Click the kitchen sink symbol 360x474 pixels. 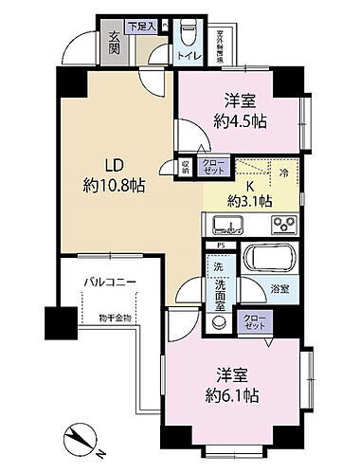[x=228, y=226]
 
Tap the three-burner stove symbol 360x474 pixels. [x=284, y=226]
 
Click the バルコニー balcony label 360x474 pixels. [x=115, y=283]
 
